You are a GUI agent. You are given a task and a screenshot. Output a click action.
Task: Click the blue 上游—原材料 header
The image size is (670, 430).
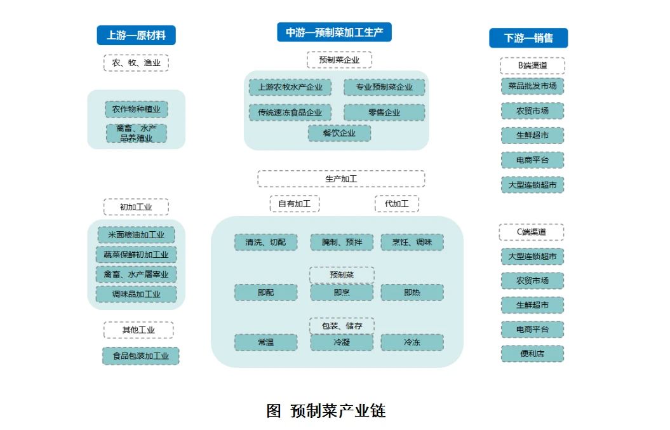coord(136,35)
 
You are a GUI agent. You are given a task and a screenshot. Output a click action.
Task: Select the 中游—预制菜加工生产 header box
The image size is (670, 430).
coord(334,32)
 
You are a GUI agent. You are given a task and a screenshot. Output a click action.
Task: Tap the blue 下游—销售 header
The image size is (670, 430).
coord(528,38)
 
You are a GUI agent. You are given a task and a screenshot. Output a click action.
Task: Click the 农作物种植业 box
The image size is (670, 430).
coord(137,109)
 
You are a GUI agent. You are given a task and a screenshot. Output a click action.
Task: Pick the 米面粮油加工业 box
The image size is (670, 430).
coord(137,234)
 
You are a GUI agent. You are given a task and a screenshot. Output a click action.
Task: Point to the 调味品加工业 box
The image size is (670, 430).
coord(137,294)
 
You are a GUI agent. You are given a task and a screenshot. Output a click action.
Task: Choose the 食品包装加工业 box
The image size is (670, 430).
coord(140,356)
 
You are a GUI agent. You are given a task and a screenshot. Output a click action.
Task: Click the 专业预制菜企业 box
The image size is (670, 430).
coord(384,87)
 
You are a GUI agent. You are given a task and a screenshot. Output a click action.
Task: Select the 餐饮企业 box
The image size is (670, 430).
coord(339,133)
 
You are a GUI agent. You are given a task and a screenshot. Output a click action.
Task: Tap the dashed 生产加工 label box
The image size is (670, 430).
coord(341,178)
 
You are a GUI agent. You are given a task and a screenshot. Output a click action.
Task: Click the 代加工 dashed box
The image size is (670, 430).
coord(396,203)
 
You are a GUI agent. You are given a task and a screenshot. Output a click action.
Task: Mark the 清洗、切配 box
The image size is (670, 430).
coord(266,243)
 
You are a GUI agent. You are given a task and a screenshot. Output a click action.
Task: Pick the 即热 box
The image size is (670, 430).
coord(412,292)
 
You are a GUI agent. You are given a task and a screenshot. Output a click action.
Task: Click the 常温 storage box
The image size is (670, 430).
coord(266,342)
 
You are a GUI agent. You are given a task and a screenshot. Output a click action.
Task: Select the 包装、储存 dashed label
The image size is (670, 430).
coord(342,326)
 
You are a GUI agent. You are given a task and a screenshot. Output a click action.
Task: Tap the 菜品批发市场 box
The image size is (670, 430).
coord(532,86)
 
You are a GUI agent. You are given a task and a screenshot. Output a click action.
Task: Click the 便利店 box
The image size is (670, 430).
coord(532,354)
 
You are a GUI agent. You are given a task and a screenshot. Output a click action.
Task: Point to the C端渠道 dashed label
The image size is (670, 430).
coord(532,232)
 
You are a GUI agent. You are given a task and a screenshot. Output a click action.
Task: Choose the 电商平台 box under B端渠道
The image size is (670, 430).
coord(532,160)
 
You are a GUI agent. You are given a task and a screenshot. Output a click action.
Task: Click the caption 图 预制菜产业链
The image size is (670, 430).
coord(326,411)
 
